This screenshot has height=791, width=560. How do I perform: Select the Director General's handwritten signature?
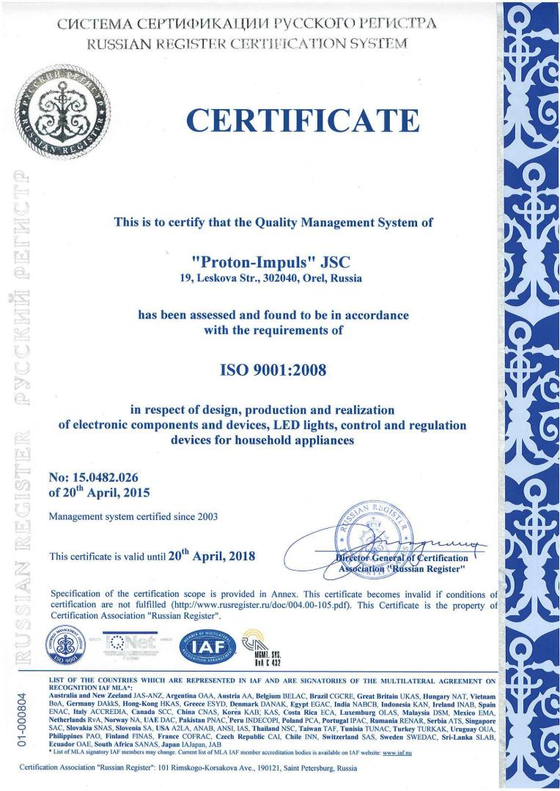pyautogui.click(x=432, y=543)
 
